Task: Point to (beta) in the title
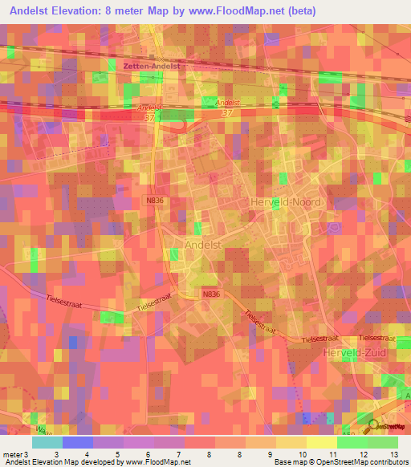(x=302, y=11)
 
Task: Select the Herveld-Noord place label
(x=287, y=202)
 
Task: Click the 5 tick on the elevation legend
(x=118, y=455)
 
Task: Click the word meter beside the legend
(x=11, y=455)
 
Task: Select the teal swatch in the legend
(x=47, y=442)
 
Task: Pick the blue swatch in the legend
(x=78, y=442)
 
